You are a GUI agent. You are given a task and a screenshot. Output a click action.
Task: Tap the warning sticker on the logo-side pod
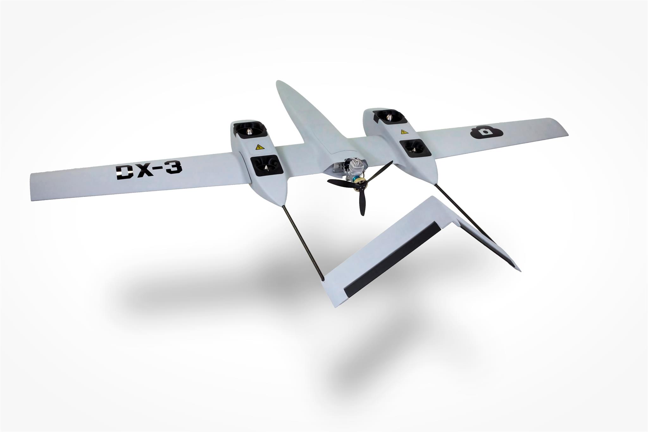403,131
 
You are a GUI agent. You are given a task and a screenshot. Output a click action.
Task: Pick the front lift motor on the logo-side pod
389,117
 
